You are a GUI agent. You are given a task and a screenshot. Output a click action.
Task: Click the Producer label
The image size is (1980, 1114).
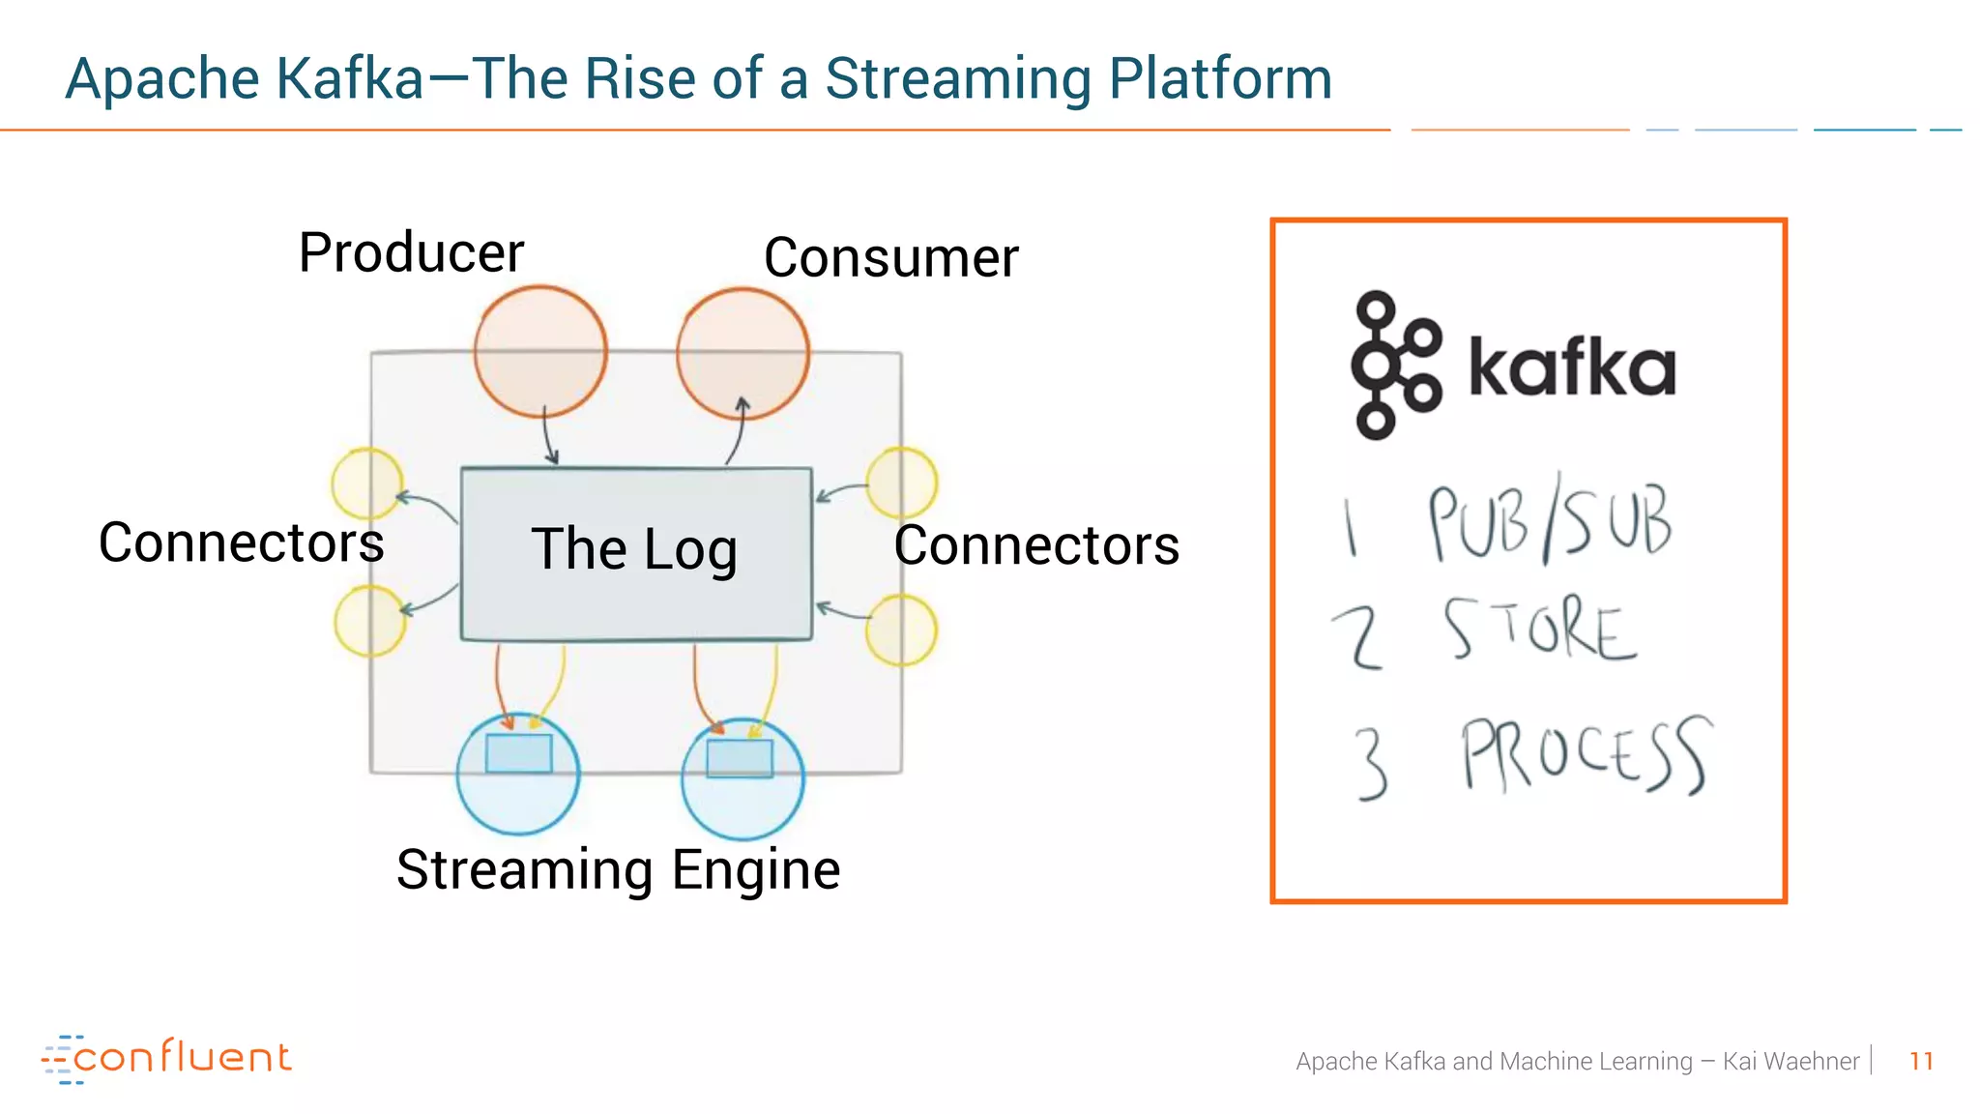pyautogui.click(x=411, y=253)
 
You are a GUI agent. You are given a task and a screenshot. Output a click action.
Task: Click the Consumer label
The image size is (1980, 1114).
pyautogui.click(x=890, y=258)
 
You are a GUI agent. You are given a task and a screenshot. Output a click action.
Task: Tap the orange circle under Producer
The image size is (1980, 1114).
pyautogui.click(x=540, y=352)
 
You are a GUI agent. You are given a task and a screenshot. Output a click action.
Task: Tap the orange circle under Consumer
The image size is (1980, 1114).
pyautogui.click(x=742, y=354)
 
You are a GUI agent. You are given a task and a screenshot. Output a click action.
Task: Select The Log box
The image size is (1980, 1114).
pyautogui.click(x=635, y=553)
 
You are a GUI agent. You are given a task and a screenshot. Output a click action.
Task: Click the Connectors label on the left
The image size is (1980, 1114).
pyautogui.click(x=241, y=542)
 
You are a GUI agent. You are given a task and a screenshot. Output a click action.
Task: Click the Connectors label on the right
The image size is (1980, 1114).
pyautogui.click(x=1036, y=545)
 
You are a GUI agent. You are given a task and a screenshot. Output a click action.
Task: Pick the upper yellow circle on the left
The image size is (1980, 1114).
pyautogui.click(x=367, y=483)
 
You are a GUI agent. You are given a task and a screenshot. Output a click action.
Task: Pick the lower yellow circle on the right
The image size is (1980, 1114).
pyautogui.click(x=901, y=630)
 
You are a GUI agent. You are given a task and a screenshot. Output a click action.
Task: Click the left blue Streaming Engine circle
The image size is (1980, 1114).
pyautogui.click(x=518, y=774)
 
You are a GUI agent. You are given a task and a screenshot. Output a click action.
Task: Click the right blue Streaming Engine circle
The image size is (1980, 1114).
pyautogui.click(x=742, y=777)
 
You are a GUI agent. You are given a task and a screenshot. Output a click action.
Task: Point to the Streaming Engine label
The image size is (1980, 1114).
pyautogui.click(x=618, y=869)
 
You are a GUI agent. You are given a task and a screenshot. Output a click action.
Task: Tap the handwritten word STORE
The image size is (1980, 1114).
pyautogui.click(x=1541, y=630)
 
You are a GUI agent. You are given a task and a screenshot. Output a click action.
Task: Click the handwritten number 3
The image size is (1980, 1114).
pyautogui.click(x=1371, y=763)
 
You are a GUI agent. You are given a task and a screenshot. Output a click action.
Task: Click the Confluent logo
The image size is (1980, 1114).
pyautogui.click(x=166, y=1058)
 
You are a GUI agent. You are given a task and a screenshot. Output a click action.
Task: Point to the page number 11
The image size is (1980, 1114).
pyautogui.click(x=1921, y=1061)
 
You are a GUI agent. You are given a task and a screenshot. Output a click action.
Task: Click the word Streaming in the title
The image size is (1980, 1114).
pyautogui.click(x=957, y=79)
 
